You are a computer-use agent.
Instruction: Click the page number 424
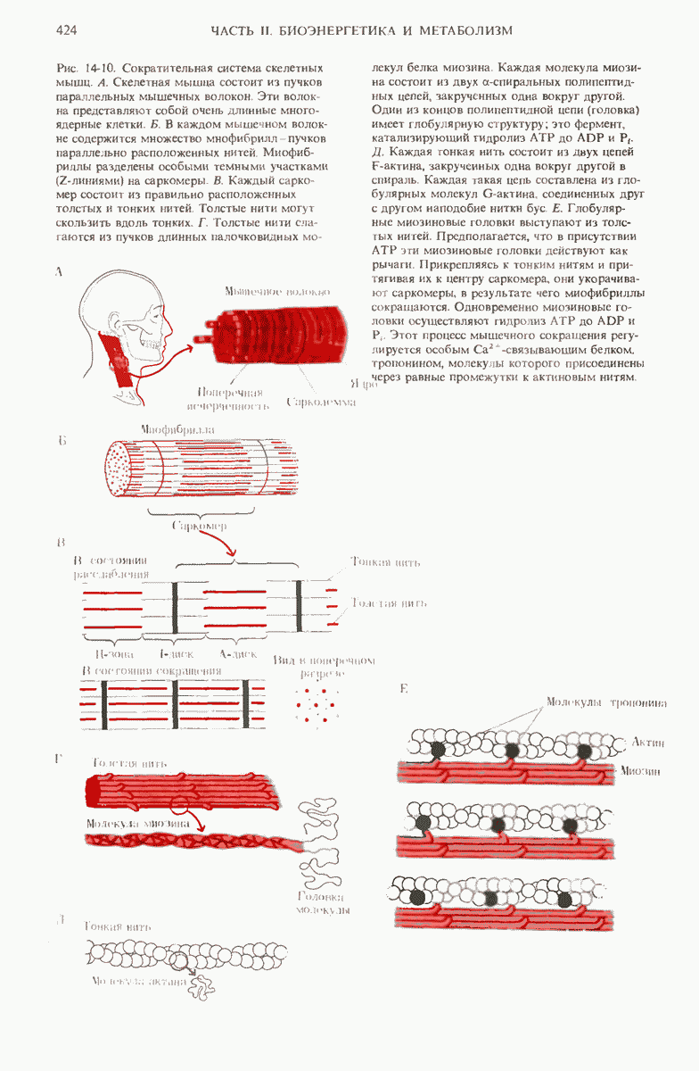click(x=65, y=31)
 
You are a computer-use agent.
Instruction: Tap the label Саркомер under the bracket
click(x=197, y=526)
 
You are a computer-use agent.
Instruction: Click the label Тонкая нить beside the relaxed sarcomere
click(x=384, y=562)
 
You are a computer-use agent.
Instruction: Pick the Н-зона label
click(x=103, y=654)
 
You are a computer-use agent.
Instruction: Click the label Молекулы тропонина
click(x=606, y=702)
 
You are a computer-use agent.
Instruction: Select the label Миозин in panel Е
click(x=642, y=770)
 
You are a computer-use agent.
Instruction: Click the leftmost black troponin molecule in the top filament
click(x=439, y=750)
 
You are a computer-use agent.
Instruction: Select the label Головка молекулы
click(x=321, y=902)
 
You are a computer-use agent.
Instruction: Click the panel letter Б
click(x=61, y=441)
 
